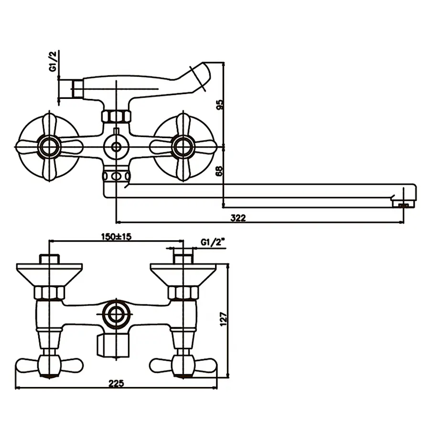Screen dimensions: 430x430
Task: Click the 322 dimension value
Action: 237,218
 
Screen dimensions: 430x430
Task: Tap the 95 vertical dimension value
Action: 219,104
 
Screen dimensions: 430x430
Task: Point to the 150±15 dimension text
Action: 116,236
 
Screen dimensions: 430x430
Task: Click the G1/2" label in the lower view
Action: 213,242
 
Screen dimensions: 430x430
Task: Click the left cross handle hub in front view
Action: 49,147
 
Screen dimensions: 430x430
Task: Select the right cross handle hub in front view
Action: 183,147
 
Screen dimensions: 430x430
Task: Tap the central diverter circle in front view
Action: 116,147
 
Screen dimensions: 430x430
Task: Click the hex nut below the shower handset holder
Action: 116,116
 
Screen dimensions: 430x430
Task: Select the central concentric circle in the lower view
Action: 116,315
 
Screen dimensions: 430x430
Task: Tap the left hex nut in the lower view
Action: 49,292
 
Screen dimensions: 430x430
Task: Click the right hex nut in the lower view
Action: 183,292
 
